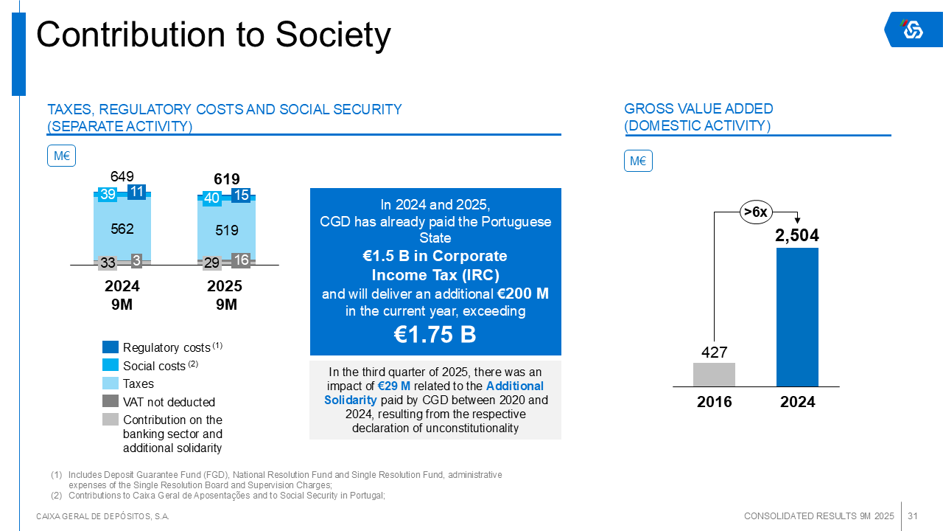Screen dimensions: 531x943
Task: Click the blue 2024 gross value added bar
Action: point(797,317)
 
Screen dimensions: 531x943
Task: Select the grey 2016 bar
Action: point(714,375)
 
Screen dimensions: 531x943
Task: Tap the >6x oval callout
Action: point(756,212)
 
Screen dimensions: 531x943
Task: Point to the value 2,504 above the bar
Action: point(797,235)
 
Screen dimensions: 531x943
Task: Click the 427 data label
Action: point(714,353)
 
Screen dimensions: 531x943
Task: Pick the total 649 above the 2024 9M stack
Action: point(122,176)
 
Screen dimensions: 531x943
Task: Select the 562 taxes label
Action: point(122,229)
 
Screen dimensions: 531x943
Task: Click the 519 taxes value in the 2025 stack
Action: point(227,230)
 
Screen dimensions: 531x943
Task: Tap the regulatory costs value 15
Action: point(241,195)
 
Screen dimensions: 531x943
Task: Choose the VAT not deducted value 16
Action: point(241,260)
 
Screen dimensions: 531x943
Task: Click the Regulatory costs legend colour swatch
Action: point(111,347)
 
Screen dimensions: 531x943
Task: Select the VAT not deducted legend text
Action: point(169,402)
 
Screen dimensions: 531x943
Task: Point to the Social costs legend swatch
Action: point(111,365)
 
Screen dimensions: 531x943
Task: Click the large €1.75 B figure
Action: point(435,335)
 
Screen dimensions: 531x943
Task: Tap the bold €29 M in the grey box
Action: point(394,386)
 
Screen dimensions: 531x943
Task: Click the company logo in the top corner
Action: point(913,29)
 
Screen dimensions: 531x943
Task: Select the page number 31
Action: point(912,516)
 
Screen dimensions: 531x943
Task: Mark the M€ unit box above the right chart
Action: point(638,161)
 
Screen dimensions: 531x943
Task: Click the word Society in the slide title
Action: point(334,35)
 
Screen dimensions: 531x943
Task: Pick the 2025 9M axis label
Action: point(226,295)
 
